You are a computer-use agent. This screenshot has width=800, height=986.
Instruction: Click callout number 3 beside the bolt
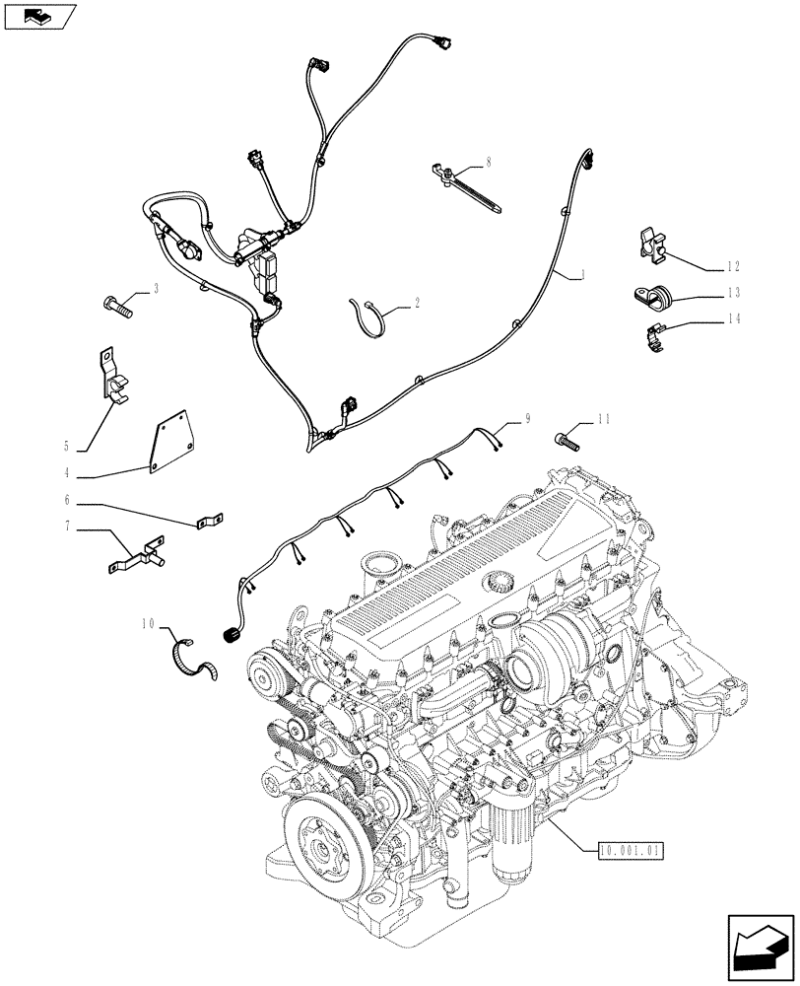point(155,290)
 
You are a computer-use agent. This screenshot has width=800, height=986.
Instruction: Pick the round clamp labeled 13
point(649,295)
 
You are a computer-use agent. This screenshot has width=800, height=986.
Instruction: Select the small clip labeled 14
point(654,335)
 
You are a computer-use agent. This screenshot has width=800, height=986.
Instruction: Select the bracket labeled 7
point(135,556)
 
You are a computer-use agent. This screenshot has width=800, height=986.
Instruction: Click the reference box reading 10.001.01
point(630,847)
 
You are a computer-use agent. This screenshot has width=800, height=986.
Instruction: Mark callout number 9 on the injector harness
point(527,418)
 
